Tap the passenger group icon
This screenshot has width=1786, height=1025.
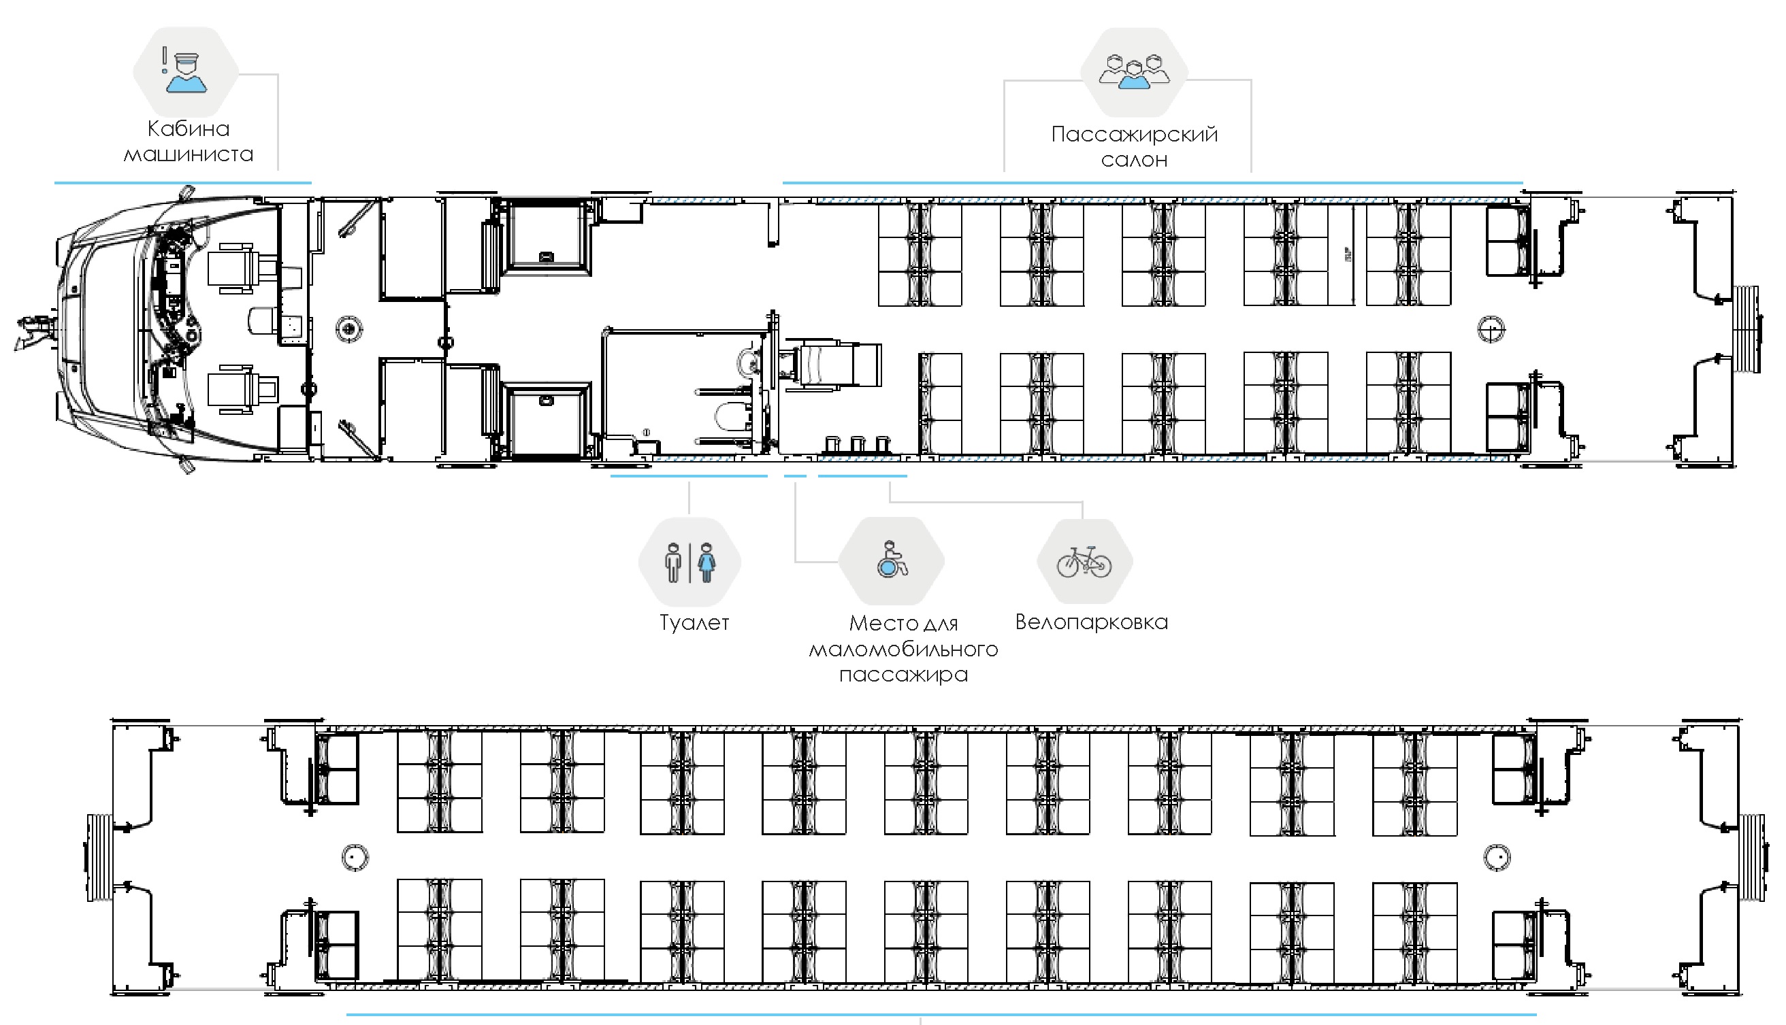[x=1134, y=71]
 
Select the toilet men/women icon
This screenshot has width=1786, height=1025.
[x=690, y=562]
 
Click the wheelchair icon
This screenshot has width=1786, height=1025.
[x=892, y=560]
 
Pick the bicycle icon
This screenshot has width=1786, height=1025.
[x=1084, y=561]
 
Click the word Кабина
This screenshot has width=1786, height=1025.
[x=188, y=129]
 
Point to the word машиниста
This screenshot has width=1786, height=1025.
[x=188, y=154]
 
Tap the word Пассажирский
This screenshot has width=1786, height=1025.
[x=1134, y=134]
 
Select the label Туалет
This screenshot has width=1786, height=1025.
[x=694, y=622]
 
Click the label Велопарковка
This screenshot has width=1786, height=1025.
[x=1091, y=622]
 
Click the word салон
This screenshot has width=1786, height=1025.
[x=1134, y=161]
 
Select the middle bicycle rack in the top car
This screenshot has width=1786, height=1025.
[x=857, y=444]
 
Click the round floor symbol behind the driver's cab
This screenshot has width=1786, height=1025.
[x=348, y=329]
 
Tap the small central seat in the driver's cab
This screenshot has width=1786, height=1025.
[x=262, y=321]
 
